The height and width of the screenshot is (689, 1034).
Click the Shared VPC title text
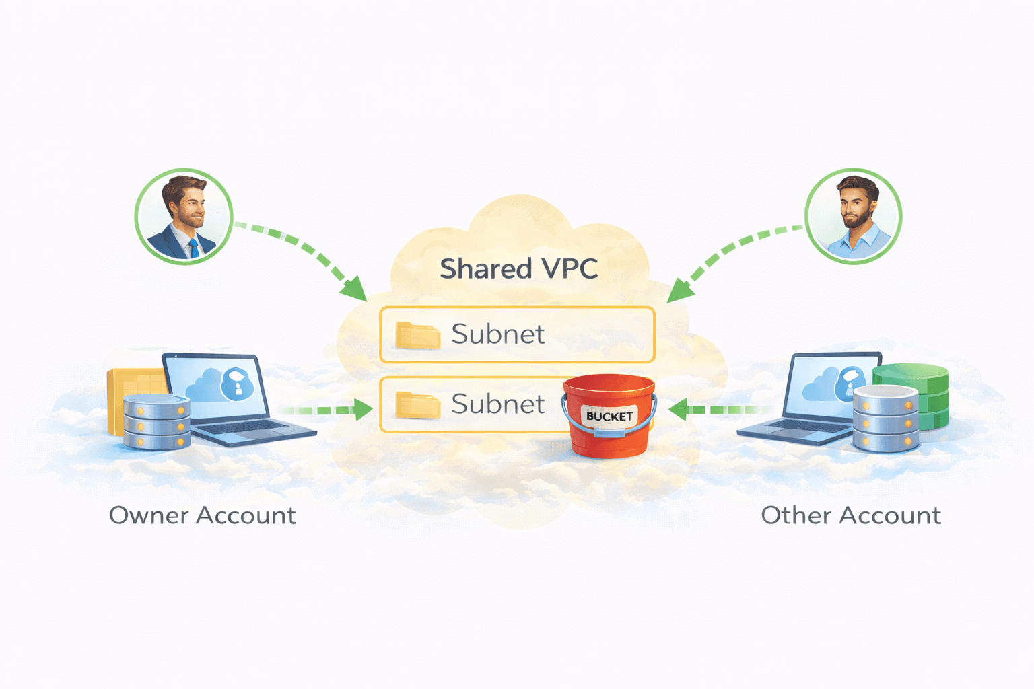pyautogui.click(x=518, y=269)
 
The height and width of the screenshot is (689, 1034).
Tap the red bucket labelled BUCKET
pyautogui.click(x=609, y=421)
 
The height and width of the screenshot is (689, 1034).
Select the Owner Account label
pyautogui.click(x=202, y=515)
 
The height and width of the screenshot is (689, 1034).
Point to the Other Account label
pyautogui.click(x=850, y=515)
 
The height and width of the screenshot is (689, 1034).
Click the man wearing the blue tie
pyautogui.click(x=183, y=217)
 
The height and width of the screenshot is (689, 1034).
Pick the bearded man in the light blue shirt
pyautogui.click(x=854, y=217)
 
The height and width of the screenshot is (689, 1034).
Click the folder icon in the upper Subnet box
pyautogui.click(x=417, y=335)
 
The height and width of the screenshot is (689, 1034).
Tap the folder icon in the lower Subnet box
pyautogui.click(x=417, y=405)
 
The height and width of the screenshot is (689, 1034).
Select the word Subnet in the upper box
pyautogui.click(x=497, y=334)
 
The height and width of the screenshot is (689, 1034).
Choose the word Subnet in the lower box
pyautogui.click(x=497, y=404)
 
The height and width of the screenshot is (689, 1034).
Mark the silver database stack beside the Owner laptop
pyautogui.click(x=157, y=423)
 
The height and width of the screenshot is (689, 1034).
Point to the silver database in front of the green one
pyautogui.click(x=885, y=419)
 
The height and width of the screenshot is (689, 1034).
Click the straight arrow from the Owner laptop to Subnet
pyautogui.click(x=330, y=409)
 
